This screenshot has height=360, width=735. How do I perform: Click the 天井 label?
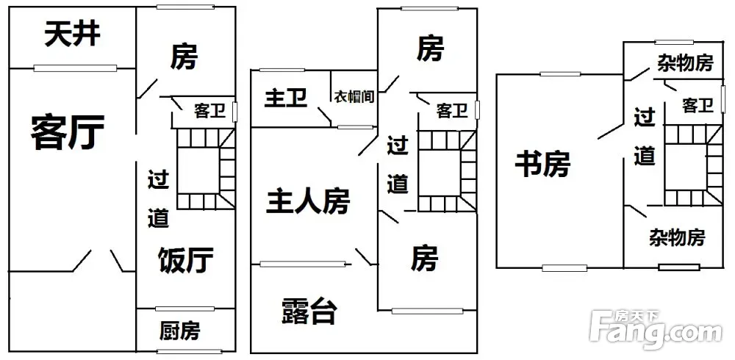coord(72,35)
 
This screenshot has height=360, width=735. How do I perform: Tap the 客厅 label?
coord(67,132)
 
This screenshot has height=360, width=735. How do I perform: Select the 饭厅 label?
coord(186,259)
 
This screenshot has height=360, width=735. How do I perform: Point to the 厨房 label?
coord(179,331)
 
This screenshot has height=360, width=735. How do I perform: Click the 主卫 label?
coord(286,98)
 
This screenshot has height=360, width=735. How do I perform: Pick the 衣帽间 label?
coord(355,96)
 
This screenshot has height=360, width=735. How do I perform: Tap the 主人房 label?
coord(307,201)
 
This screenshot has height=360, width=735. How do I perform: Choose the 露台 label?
coord(309,312)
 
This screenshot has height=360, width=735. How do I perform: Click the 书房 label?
coord(542,163)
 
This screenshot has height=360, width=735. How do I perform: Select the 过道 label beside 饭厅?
coord(159,198)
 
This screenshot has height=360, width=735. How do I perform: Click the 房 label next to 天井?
coord(184,56)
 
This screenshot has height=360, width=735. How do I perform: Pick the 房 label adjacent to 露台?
coord(424,259)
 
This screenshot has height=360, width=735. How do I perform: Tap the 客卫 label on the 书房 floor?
coord(698,106)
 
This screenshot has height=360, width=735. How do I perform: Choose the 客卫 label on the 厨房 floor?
coord(209,111)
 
